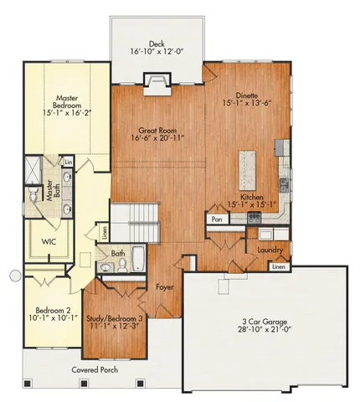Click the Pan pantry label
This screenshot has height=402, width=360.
tap(216, 219)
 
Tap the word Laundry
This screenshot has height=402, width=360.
tap(270, 250)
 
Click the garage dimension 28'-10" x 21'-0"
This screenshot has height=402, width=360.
tap(264, 330)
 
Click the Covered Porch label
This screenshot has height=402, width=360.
tap(93, 369)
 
